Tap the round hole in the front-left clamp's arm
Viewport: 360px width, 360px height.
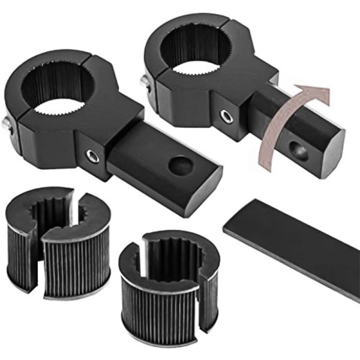180,166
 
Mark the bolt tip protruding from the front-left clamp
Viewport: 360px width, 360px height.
5,124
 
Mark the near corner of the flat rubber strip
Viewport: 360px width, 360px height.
226,228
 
